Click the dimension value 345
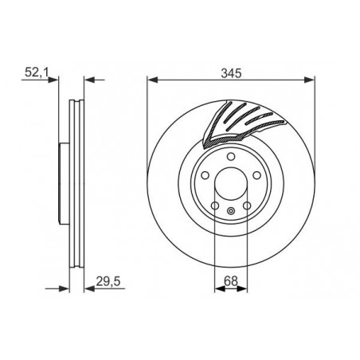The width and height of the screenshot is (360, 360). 231,71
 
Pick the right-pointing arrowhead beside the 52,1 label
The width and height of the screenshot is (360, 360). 57,80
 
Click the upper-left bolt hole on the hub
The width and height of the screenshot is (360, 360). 205,176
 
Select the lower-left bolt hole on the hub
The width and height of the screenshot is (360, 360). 215,207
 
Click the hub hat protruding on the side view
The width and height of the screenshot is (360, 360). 66,183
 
